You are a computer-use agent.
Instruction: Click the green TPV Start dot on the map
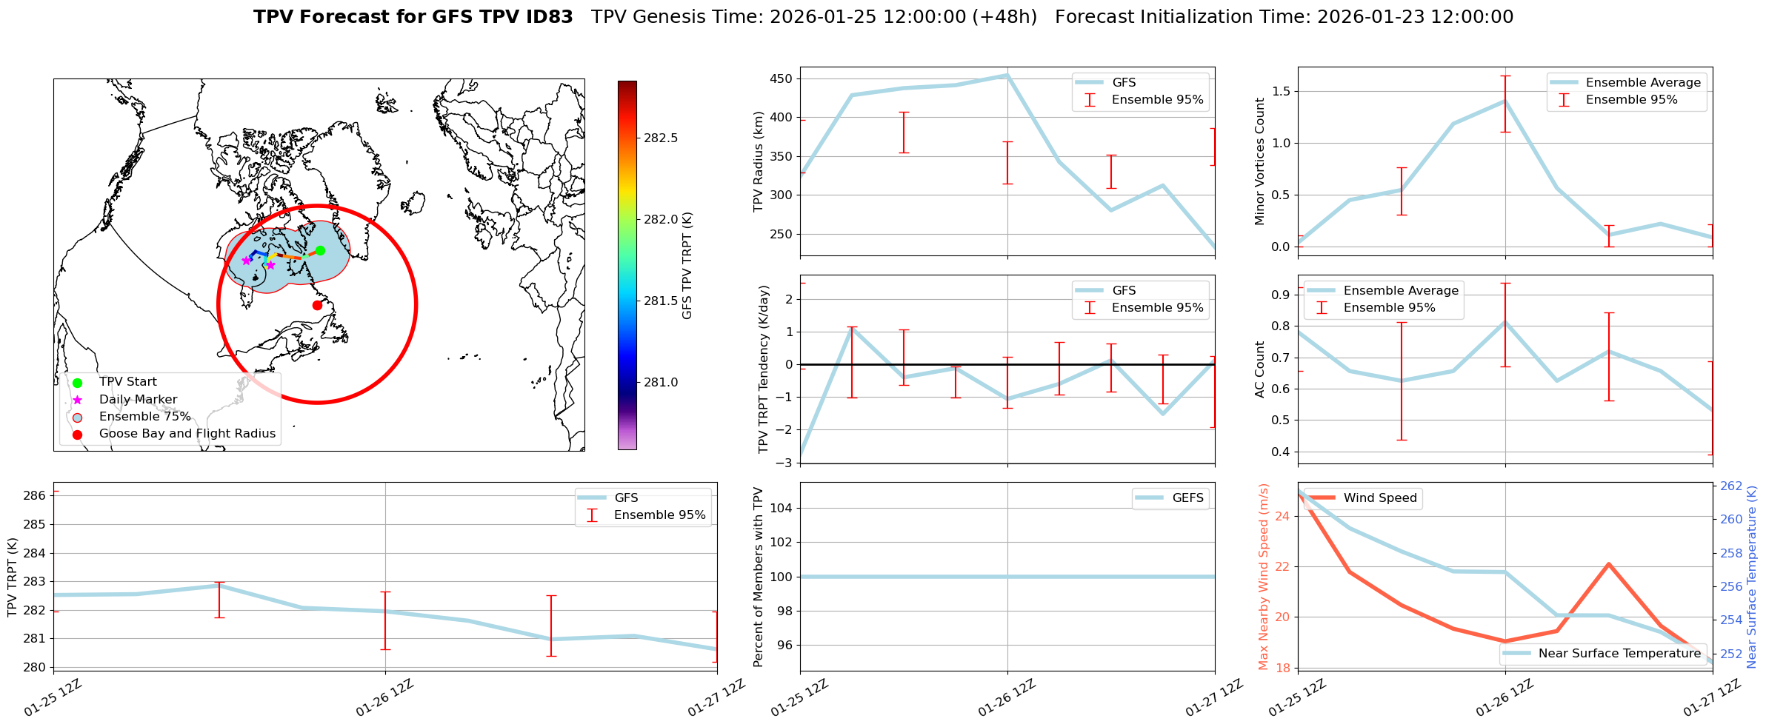[320, 250]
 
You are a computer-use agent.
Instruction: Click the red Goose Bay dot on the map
[317, 305]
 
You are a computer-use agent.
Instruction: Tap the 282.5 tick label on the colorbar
[661, 138]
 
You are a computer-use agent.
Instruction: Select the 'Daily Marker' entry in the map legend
[138, 400]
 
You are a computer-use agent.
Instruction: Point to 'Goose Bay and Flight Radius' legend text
[187, 434]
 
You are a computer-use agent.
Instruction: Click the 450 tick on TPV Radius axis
[782, 79]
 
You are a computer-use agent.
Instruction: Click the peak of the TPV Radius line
[1007, 75]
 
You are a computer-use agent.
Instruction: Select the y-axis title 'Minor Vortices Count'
[1260, 161]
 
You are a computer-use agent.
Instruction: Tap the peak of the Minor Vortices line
[1505, 101]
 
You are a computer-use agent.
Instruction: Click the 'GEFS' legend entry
[1187, 498]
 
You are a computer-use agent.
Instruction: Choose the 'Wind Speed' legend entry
[1379, 498]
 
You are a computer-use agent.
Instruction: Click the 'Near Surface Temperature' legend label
[1619, 654]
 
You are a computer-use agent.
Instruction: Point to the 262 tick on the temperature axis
[1731, 486]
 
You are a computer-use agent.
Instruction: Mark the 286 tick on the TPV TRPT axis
[37, 496]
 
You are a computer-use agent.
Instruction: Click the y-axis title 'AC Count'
[1260, 369]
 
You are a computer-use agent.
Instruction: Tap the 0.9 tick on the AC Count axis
[1280, 295]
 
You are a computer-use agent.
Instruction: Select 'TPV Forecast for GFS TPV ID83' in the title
[413, 17]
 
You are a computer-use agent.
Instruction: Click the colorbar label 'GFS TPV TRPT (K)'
[687, 266]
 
